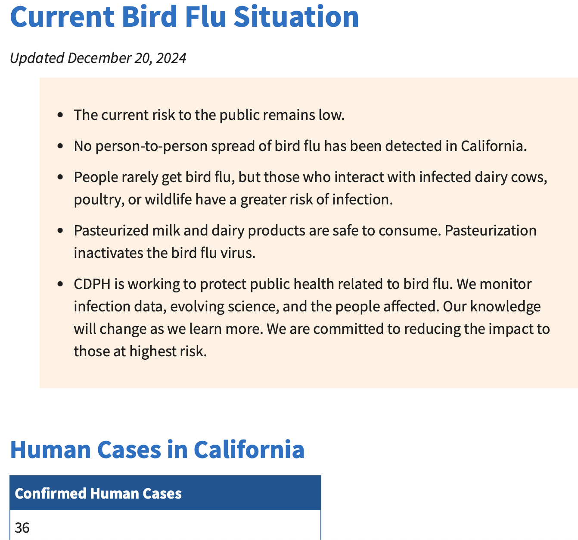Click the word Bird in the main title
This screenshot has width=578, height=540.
click(x=149, y=17)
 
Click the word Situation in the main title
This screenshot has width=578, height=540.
click(x=296, y=17)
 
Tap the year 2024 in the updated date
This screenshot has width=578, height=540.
click(x=171, y=58)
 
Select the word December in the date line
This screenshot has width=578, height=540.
click(x=99, y=58)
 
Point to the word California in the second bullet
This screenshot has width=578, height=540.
click(x=494, y=146)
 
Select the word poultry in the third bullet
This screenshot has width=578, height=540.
click(x=99, y=200)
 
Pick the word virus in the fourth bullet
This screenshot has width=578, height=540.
click(x=238, y=253)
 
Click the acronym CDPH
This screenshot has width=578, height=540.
click(x=92, y=284)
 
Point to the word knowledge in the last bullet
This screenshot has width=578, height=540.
click(x=505, y=307)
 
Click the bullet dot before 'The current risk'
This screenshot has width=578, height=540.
click(x=60, y=115)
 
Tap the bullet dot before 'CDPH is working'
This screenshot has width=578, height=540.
click(x=60, y=284)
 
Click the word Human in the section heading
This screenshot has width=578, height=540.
click(x=50, y=450)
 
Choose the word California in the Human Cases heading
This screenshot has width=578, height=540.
click(x=249, y=449)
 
